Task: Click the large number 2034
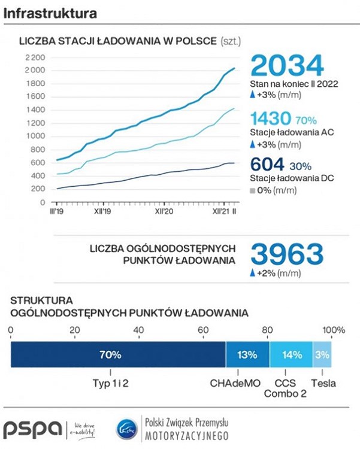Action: click(287, 65)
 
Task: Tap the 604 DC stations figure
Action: click(267, 164)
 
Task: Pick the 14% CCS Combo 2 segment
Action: click(291, 354)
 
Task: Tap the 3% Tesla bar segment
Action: click(322, 354)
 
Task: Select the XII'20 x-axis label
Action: click(164, 211)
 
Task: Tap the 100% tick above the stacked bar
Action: click(334, 330)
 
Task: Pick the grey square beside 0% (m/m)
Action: click(253, 191)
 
